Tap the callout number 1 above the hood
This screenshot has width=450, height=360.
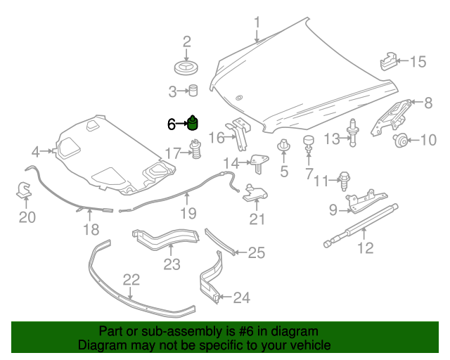click(x=257, y=22)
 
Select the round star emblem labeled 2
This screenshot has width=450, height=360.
click(x=187, y=68)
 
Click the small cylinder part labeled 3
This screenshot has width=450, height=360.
click(x=192, y=90)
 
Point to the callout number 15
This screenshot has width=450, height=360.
click(x=418, y=62)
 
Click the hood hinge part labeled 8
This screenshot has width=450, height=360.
click(x=393, y=114)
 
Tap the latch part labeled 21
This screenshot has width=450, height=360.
click(x=255, y=194)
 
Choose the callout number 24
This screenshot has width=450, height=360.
click(x=240, y=298)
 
